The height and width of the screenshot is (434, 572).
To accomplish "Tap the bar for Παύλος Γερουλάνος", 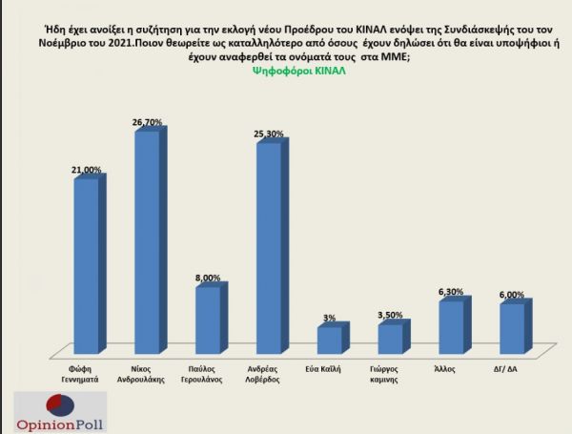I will (x=207, y=320).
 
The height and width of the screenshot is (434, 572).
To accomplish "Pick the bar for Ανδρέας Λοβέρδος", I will (x=268, y=248).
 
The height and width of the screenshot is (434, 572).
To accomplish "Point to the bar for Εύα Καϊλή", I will (x=328, y=341).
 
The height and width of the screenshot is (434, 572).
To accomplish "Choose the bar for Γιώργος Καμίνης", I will (x=389, y=339).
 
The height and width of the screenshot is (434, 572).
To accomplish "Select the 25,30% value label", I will (x=270, y=134).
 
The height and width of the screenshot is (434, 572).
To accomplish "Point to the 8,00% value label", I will (x=209, y=278).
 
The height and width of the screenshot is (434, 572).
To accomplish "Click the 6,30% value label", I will (x=453, y=293).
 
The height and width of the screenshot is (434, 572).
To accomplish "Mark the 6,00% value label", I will (x=513, y=296).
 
